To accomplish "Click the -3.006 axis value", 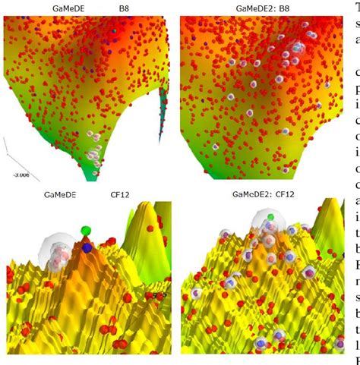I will point(17,174).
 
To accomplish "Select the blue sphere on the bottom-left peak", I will point(87,247).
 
